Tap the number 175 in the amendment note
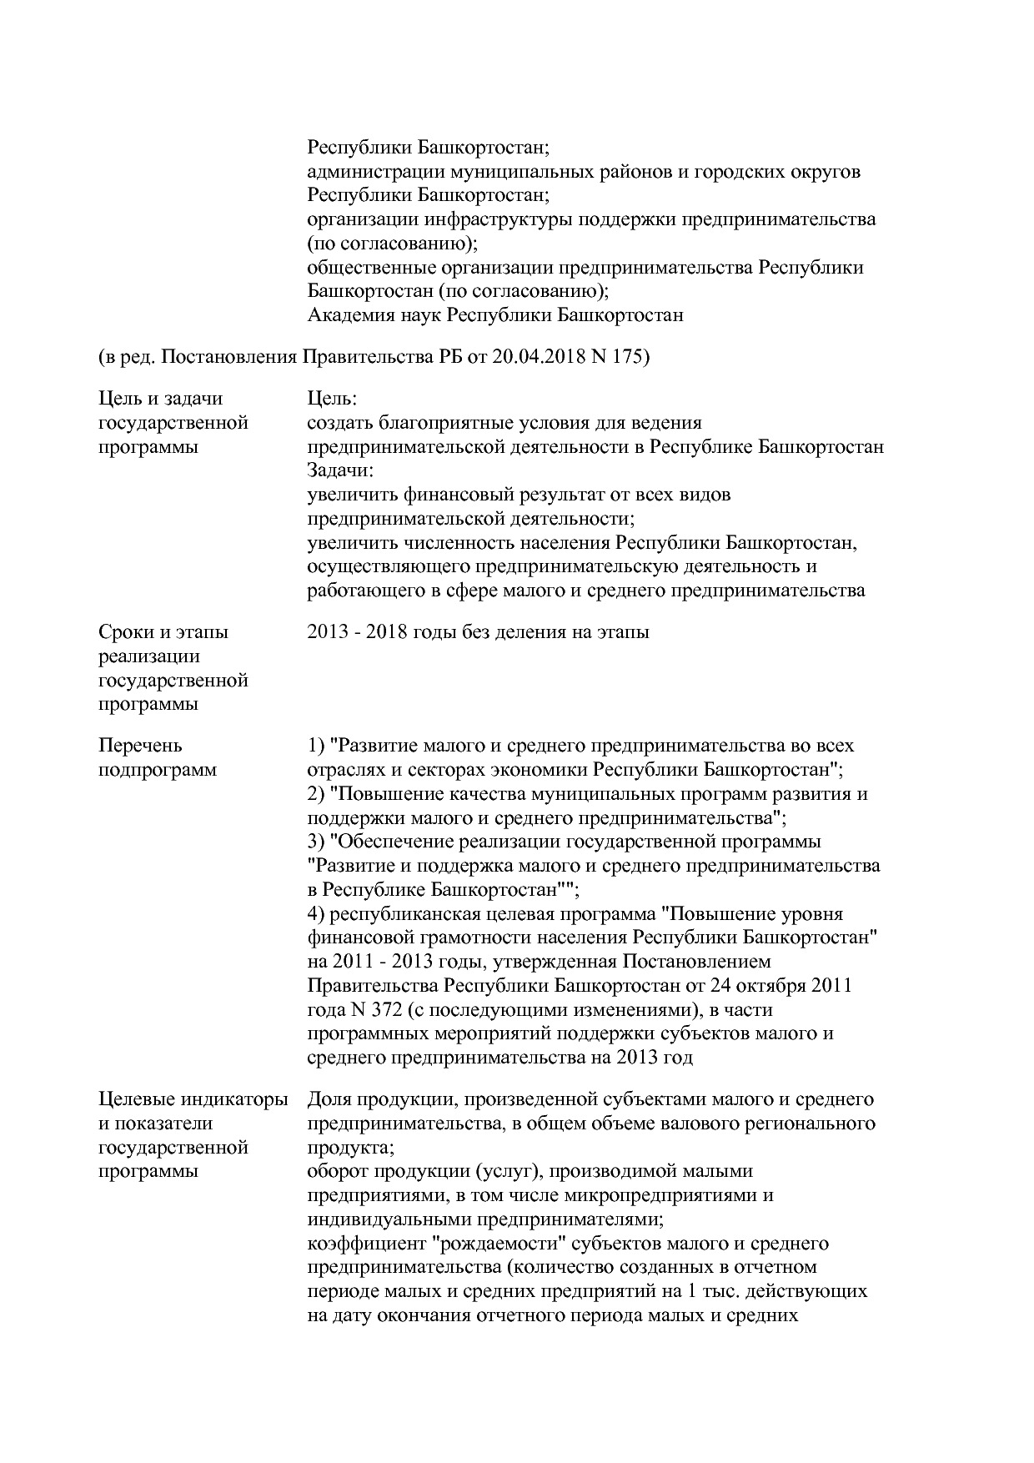(631, 357)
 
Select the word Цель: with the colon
(332, 399)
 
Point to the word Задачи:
(341, 471)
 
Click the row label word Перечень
(140, 745)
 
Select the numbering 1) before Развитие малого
(317, 745)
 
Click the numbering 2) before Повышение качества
(317, 793)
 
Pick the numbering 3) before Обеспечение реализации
(317, 842)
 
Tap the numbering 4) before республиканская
(317, 914)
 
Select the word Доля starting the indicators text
(330, 1100)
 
